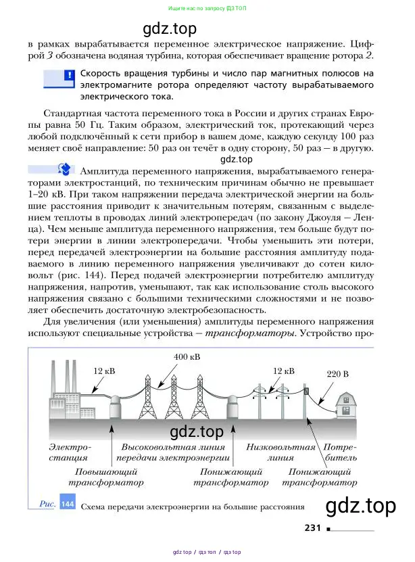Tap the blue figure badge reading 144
tap(68, 505)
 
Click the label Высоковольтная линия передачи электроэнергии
tap(174, 453)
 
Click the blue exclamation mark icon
tap(68, 75)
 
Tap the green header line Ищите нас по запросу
tap(207, 9)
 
